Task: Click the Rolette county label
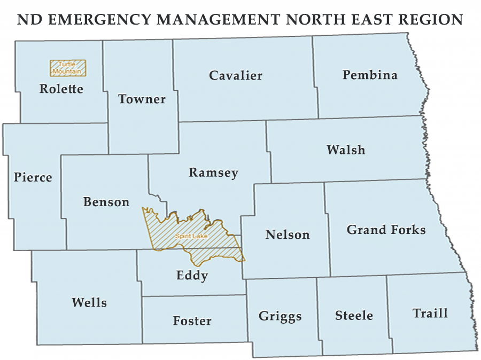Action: pos(61,89)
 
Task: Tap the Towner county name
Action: pos(142,99)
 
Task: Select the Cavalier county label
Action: pos(236,75)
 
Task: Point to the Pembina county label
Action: pos(370,75)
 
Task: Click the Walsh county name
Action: pos(346,150)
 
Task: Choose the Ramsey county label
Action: pos(213,173)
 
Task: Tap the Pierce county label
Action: pos(33,177)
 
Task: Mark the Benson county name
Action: pos(106,202)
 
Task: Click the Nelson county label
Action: pos(288,234)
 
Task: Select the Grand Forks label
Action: pos(386,230)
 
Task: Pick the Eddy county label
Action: pos(192,276)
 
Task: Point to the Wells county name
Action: pos(89,302)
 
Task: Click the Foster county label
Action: pos(192,320)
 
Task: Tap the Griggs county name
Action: pos(280,316)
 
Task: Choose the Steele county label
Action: pos(354,315)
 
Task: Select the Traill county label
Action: pos(430,313)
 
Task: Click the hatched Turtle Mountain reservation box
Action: pos(68,67)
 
